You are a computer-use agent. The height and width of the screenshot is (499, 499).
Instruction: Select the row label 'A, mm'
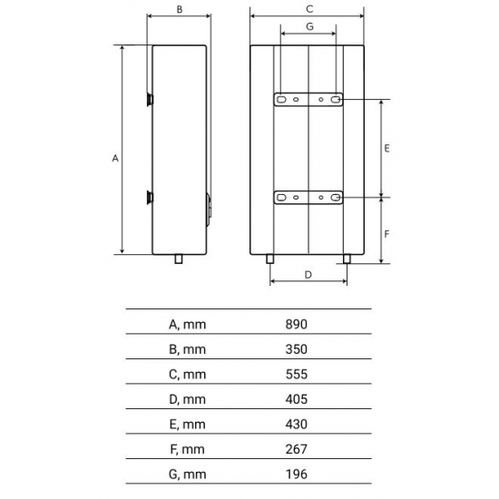188,324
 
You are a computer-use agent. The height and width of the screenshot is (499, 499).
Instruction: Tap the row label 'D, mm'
188,399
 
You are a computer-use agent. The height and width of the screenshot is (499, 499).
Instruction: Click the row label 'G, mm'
188,474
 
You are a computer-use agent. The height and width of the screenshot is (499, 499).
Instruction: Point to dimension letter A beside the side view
115,159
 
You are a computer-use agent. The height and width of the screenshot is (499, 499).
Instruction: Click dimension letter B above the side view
180,9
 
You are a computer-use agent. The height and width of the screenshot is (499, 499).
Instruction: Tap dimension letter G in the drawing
309,26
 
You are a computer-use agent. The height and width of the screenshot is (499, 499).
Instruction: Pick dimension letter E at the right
386,147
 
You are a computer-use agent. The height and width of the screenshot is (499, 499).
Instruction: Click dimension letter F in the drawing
386,232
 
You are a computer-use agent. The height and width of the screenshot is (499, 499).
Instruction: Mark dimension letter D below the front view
308,273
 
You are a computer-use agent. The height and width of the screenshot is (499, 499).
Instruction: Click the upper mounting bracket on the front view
308,100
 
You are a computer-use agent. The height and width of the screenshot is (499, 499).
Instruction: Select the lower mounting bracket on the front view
308,197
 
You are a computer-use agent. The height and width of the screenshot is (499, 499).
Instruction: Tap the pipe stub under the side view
179,260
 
